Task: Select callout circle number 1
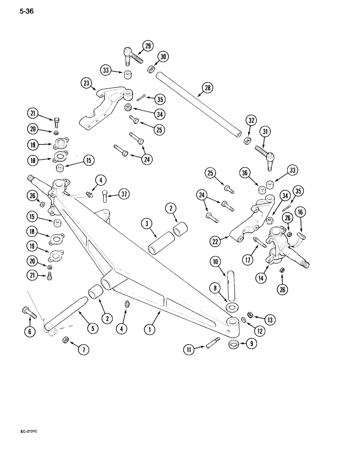(150, 329)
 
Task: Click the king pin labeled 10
(232, 286)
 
